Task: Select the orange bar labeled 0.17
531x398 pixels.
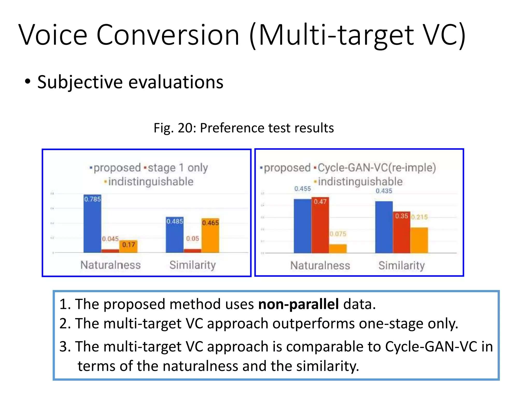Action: (x=129, y=247)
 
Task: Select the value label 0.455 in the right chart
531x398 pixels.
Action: (x=302, y=189)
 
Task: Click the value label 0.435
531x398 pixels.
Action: (x=384, y=191)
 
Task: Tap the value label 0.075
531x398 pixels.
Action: (x=338, y=234)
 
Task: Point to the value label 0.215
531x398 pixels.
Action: (x=419, y=217)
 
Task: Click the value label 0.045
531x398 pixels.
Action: (x=110, y=239)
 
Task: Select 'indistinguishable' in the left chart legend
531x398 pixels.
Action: (x=151, y=182)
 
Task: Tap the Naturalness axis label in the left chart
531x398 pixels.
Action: (x=110, y=265)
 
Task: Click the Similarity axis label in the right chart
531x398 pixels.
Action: (x=402, y=265)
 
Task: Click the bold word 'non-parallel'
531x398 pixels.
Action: (x=298, y=304)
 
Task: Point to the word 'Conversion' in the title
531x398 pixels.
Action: (x=168, y=35)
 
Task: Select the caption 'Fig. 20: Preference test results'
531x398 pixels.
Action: (x=244, y=128)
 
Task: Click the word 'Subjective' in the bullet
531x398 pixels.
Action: (x=80, y=82)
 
